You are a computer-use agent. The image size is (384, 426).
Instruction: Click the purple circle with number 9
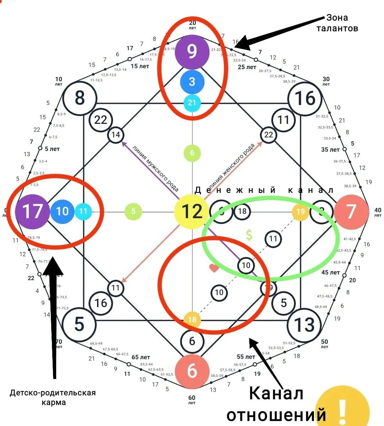pyautogui.click(x=192, y=52)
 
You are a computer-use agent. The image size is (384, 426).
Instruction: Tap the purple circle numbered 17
pyautogui.click(x=32, y=211)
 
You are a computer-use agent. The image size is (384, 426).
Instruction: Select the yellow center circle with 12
pyautogui.click(x=192, y=211)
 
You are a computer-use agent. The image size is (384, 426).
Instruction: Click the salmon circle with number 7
pyautogui.click(x=351, y=211)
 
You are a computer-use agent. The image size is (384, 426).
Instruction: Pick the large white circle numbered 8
pyautogui.click(x=80, y=98)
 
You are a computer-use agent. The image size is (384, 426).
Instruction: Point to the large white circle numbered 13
pyautogui.click(x=304, y=325)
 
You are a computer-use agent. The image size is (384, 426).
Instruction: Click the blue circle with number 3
pyautogui.click(x=192, y=82)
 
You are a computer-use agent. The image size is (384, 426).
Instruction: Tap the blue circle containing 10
pyautogui.click(x=62, y=211)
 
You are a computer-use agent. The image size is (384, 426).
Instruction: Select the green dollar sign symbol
pyautogui.click(x=249, y=235)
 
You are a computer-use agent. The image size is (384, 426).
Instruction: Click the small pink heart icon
pyautogui.click(x=214, y=268)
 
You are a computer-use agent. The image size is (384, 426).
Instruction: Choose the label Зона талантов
pyautogui.click(x=337, y=23)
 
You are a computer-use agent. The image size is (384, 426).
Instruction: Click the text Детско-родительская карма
pyautogui.click(x=53, y=398)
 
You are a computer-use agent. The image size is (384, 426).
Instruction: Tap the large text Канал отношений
pyautogui.click(x=276, y=404)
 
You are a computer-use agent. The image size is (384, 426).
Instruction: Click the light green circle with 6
pyautogui.click(x=192, y=153)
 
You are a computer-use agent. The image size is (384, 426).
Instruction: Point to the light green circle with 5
pyautogui.click(x=133, y=211)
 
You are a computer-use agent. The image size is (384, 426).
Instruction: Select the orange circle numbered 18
pyautogui.click(x=192, y=320)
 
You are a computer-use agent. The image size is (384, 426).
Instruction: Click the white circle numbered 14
pyautogui.click(x=116, y=135)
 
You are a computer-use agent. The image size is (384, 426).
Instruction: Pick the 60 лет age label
pyautogui.click(x=192, y=400)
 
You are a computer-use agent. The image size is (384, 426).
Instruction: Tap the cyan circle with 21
pyautogui.click(x=192, y=103)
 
